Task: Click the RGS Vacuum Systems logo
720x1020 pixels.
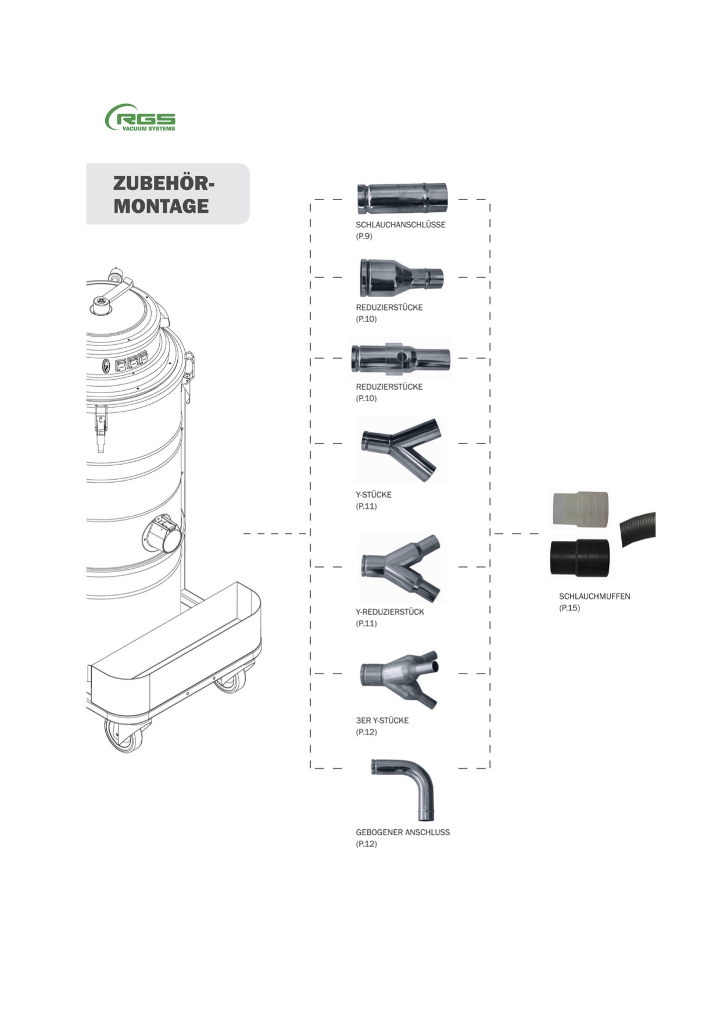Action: click(140, 118)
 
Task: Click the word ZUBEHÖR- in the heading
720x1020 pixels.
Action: click(163, 183)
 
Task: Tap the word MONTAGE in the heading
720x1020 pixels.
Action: click(161, 206)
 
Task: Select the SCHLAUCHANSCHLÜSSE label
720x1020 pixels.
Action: click(400, 224)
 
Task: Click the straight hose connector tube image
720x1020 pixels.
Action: click(402, 198)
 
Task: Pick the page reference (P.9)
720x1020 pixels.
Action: click(364, 236)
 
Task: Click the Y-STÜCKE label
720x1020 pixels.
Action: click(374, 494)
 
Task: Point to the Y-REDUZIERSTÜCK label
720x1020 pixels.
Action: click(390, 612)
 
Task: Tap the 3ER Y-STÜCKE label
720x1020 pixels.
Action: click(382, 720)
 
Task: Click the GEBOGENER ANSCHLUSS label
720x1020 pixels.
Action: click(403, 832)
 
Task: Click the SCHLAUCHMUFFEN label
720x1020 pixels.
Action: click(594, 596)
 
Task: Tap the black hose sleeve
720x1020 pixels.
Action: click(580, 558)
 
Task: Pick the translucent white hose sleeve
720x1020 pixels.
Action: click(580, 509)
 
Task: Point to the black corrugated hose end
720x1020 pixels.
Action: click(638, 529)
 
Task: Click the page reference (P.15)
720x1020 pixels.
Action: click(569, 608)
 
